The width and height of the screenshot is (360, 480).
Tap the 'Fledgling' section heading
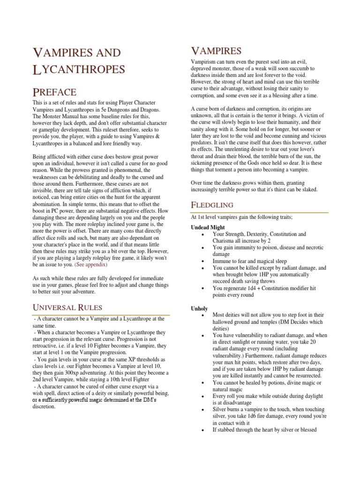[212, 204]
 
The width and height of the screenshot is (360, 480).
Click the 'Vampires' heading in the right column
[216, 51]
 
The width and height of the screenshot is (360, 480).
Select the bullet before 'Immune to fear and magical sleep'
[202, 261]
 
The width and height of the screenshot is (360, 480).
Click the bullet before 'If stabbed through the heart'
[202, 429]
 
